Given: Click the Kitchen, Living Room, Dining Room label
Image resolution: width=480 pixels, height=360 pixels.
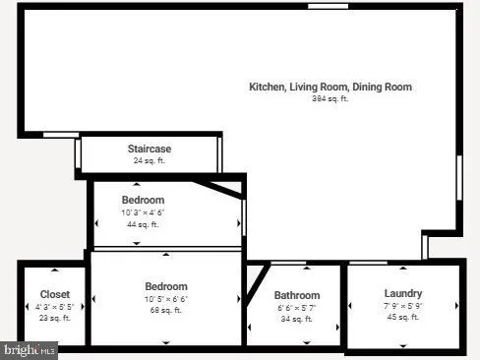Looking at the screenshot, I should [x=330, y=87].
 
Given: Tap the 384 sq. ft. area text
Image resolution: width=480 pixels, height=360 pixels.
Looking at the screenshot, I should [x=330, y=98].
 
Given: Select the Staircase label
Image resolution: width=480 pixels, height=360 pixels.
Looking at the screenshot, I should [x=150, y=149].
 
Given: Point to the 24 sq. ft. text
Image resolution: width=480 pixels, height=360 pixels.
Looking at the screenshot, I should [x=150, y=160].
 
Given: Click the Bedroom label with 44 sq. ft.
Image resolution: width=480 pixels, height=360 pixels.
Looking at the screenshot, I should [x=143, y=200].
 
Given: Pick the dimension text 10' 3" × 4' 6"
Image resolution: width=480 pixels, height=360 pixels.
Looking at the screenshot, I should [x=143, y=212].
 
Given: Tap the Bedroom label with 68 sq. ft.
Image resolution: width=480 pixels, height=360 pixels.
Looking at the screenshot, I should [x=165, y=286].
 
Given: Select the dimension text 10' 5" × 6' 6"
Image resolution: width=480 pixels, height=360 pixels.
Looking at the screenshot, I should [x=165, y=299].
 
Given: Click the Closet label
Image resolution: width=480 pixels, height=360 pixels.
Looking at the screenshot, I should [x=54, y=294].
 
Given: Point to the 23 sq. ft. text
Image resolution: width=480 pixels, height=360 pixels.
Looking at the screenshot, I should [x=54, y=318].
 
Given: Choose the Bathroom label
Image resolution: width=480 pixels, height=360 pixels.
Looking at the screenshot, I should [x=296, y=295].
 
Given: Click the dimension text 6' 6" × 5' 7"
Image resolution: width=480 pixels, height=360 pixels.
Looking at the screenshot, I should [x=296, y=307].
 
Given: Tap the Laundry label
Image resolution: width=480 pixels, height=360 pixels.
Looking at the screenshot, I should [x=403, y=293].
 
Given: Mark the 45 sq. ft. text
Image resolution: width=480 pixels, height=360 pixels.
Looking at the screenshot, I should [x=403, y=317].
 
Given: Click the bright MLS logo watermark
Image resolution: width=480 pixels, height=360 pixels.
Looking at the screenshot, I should [x=30, y=349].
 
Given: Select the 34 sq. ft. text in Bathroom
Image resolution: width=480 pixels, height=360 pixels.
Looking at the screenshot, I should [x=296, y=319].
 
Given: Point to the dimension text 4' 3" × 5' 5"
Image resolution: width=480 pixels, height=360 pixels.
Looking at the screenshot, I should [x=54, y=306].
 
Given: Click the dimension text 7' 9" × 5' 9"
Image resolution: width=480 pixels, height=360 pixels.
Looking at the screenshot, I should [x=403, y=305].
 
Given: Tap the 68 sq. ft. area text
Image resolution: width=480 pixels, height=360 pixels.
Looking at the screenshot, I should [x=165, y=311].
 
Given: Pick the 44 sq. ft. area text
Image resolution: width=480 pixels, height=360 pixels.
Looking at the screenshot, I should [x=143, y=224].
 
